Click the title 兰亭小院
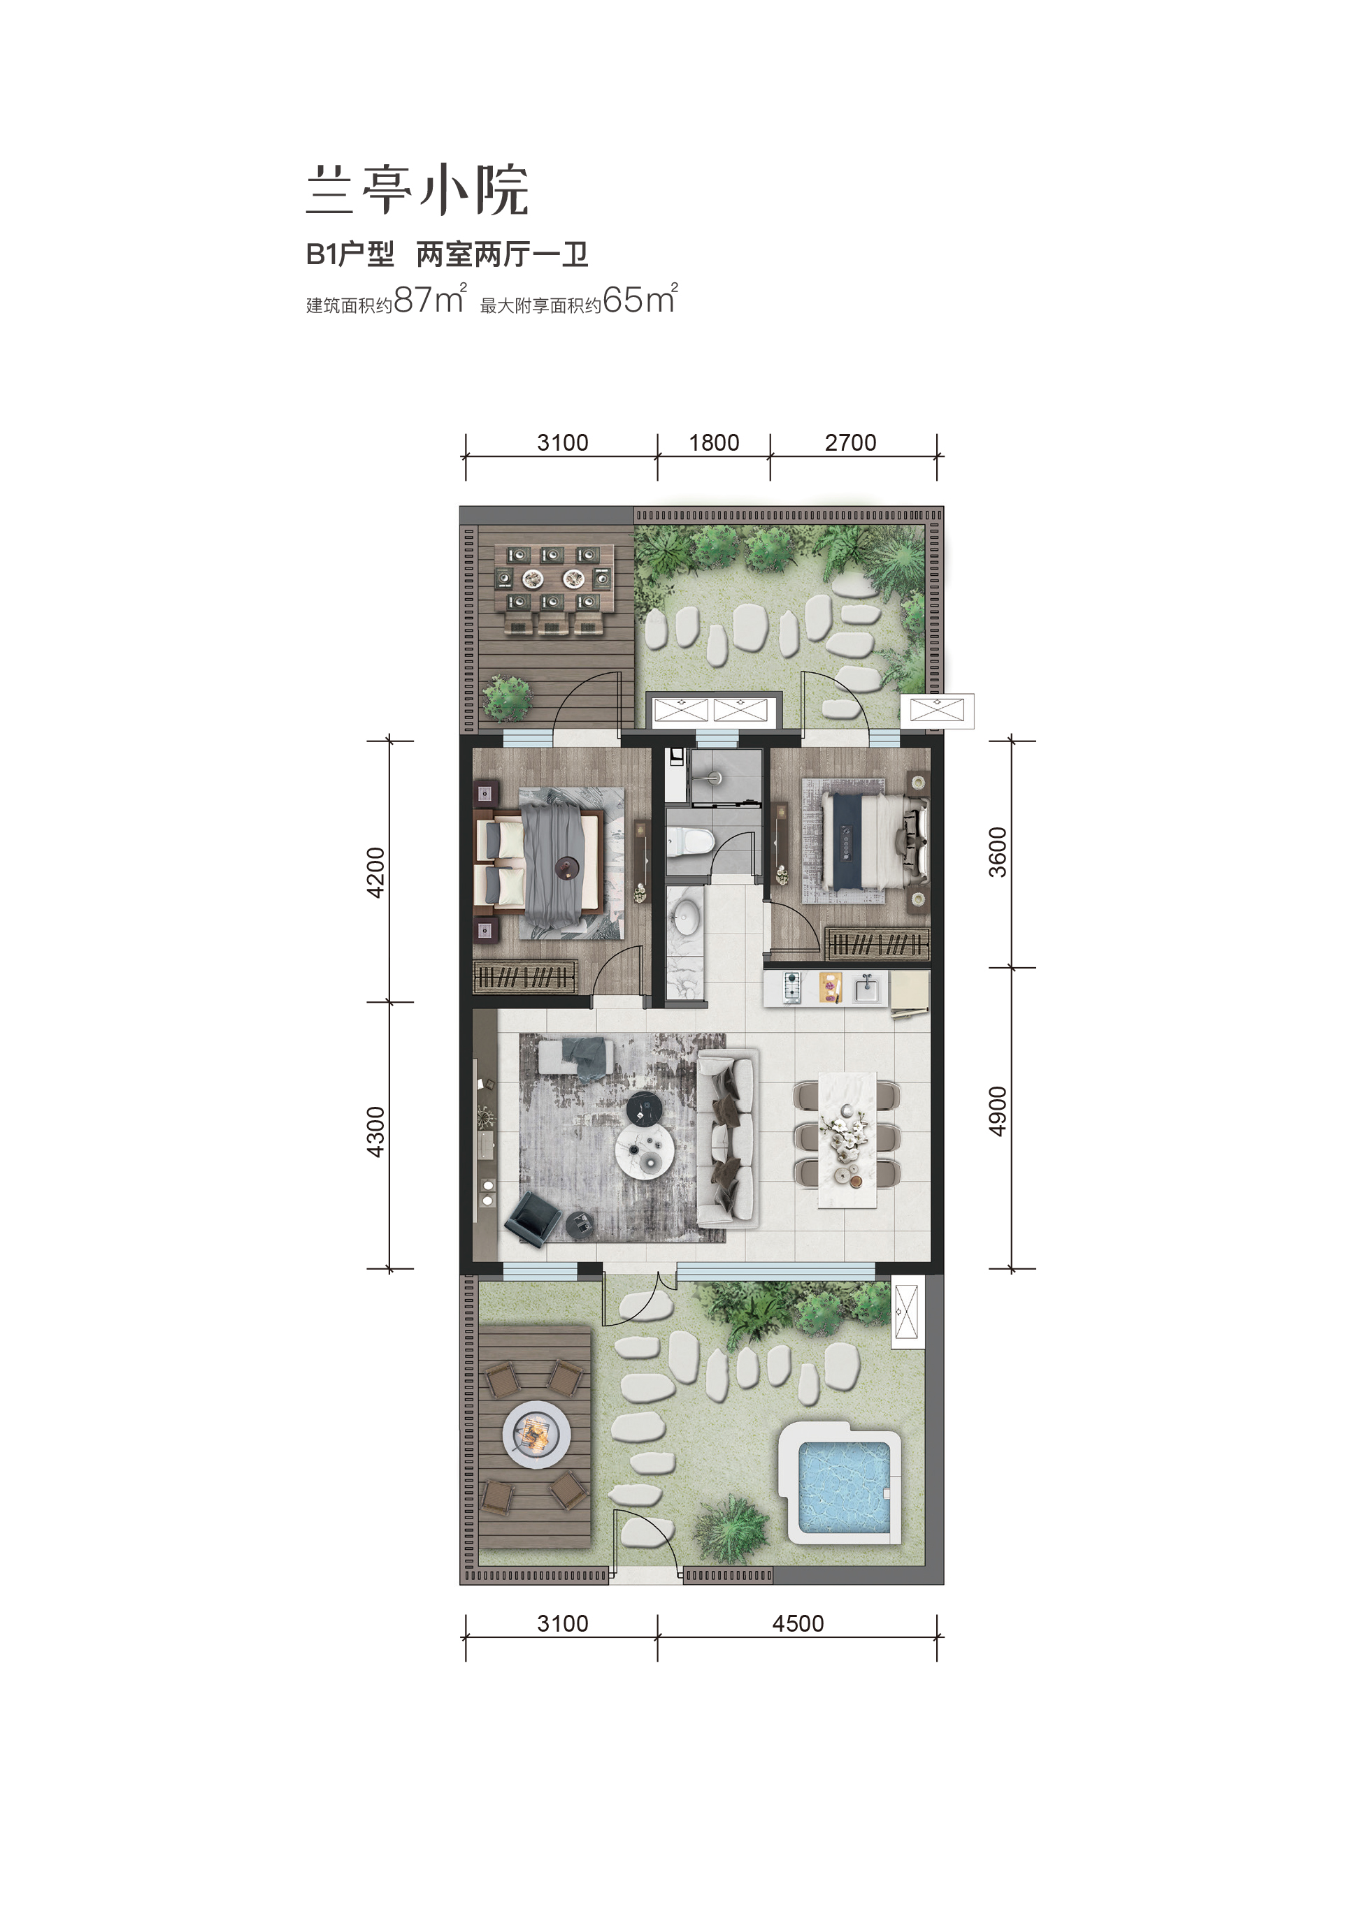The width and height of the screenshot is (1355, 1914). [x=418, y=191]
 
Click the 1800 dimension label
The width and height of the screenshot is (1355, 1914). [x=715, y=442]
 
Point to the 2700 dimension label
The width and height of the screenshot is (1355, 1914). [x=851, y=442]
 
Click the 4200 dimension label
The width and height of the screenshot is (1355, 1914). [x=376, y=872]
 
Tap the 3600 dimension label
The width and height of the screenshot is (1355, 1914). [x=998, y=853]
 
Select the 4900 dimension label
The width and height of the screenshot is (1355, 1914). [x=998, y=1111]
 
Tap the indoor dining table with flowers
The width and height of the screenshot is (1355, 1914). [x=847, y=1139]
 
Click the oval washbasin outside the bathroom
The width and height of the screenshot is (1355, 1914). [x=687, y=914]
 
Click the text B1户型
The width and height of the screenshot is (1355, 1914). [x=350, y=254]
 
